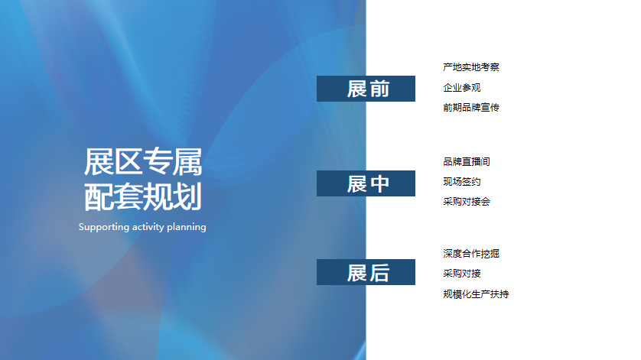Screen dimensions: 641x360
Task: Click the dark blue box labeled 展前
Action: coord(366,89)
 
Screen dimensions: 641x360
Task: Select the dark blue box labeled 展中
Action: coord(366,183)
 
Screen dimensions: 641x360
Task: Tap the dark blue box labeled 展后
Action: coord(366,272)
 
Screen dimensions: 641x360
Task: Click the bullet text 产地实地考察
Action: coord(471,67)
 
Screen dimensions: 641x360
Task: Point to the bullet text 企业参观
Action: coord(461,87)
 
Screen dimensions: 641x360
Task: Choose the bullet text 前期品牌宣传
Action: coord(471,108)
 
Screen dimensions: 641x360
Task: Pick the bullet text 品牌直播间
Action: coord(467,162)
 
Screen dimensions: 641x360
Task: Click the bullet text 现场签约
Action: coord(461,182)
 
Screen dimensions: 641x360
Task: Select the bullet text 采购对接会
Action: coord(467,202)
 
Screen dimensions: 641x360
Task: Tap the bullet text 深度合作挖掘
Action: coord(471,254)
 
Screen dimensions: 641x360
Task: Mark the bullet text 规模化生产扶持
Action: coord(476,294)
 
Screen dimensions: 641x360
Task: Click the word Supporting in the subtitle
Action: coord(104,227)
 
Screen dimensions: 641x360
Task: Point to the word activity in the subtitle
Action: coord(148,227)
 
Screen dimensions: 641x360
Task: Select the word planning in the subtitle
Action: coord(187,227)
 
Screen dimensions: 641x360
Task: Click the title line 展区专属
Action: coord(143,162)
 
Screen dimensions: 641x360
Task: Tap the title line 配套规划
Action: coord(143,197)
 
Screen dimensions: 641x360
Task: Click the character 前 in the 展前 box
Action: coord(379,89)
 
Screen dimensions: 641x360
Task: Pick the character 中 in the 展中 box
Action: coord(379,183)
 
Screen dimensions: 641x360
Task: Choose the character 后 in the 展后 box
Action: coord(379,273)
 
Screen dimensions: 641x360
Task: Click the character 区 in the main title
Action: coord(128,162)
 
